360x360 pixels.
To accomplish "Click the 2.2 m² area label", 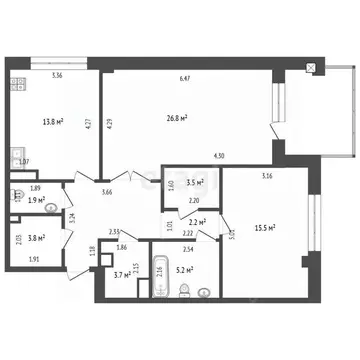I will point(197,222).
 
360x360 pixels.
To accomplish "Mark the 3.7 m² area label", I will point(121,274).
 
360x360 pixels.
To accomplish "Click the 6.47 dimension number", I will point(185,78).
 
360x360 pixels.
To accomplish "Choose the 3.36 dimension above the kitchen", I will point(58,76).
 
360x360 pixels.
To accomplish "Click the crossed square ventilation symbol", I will point(312,68).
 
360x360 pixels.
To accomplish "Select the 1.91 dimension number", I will point(32,259).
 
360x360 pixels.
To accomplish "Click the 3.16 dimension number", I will point(267,177).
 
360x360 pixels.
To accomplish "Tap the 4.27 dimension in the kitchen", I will point(88,124).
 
